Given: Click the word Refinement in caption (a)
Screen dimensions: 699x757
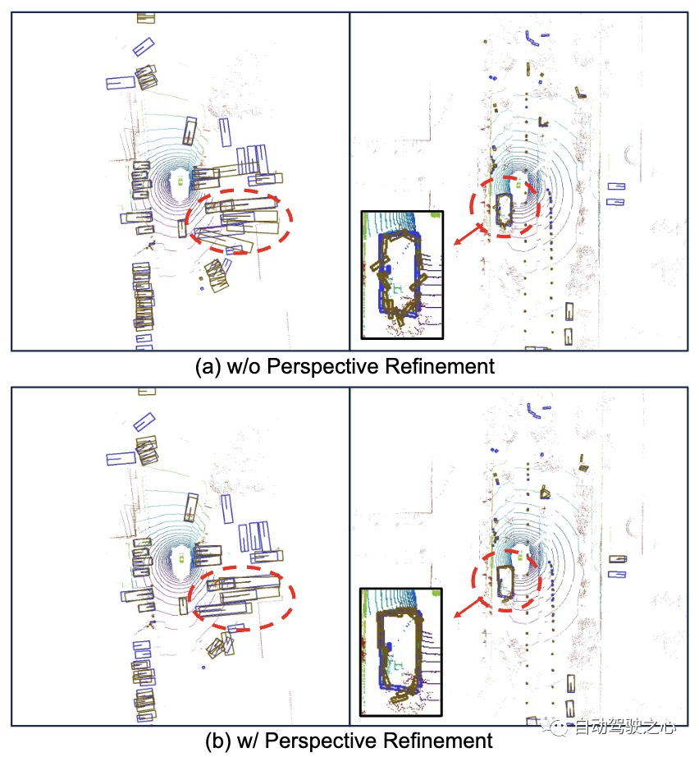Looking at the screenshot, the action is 440,366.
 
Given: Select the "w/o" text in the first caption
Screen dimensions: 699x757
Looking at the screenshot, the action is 243,367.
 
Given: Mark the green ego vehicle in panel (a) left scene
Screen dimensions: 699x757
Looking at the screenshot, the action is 180,181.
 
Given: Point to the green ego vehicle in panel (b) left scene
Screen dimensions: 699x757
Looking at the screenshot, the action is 182,557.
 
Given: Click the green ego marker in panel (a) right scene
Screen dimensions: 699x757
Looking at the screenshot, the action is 519,185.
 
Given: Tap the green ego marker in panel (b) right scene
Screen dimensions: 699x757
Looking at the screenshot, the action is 521,557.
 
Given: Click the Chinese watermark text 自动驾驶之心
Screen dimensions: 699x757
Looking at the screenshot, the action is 625,727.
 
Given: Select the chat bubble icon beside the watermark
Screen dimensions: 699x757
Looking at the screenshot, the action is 560,727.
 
